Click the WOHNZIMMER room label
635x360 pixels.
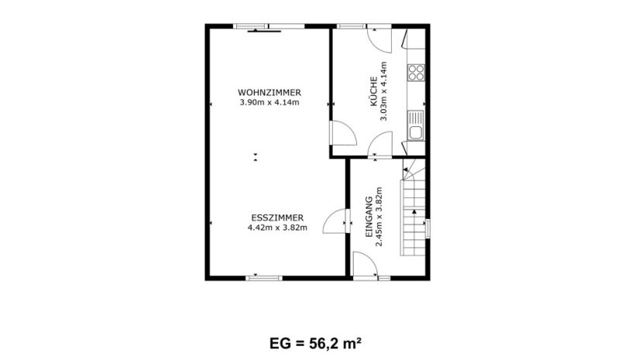269,93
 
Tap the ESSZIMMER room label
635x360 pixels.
277,218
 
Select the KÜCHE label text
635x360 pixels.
374,91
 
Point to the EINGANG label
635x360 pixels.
369,217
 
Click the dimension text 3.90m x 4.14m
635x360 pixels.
269,102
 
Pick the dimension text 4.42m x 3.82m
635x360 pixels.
277,228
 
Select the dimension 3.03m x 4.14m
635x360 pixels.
383,91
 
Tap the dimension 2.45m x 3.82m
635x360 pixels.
379,217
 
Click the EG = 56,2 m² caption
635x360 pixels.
315,344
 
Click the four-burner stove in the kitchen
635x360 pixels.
416,73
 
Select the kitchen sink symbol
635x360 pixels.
416,125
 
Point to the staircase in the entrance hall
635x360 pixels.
413,207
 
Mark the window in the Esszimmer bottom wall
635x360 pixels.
264,278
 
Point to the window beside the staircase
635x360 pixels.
427,228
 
